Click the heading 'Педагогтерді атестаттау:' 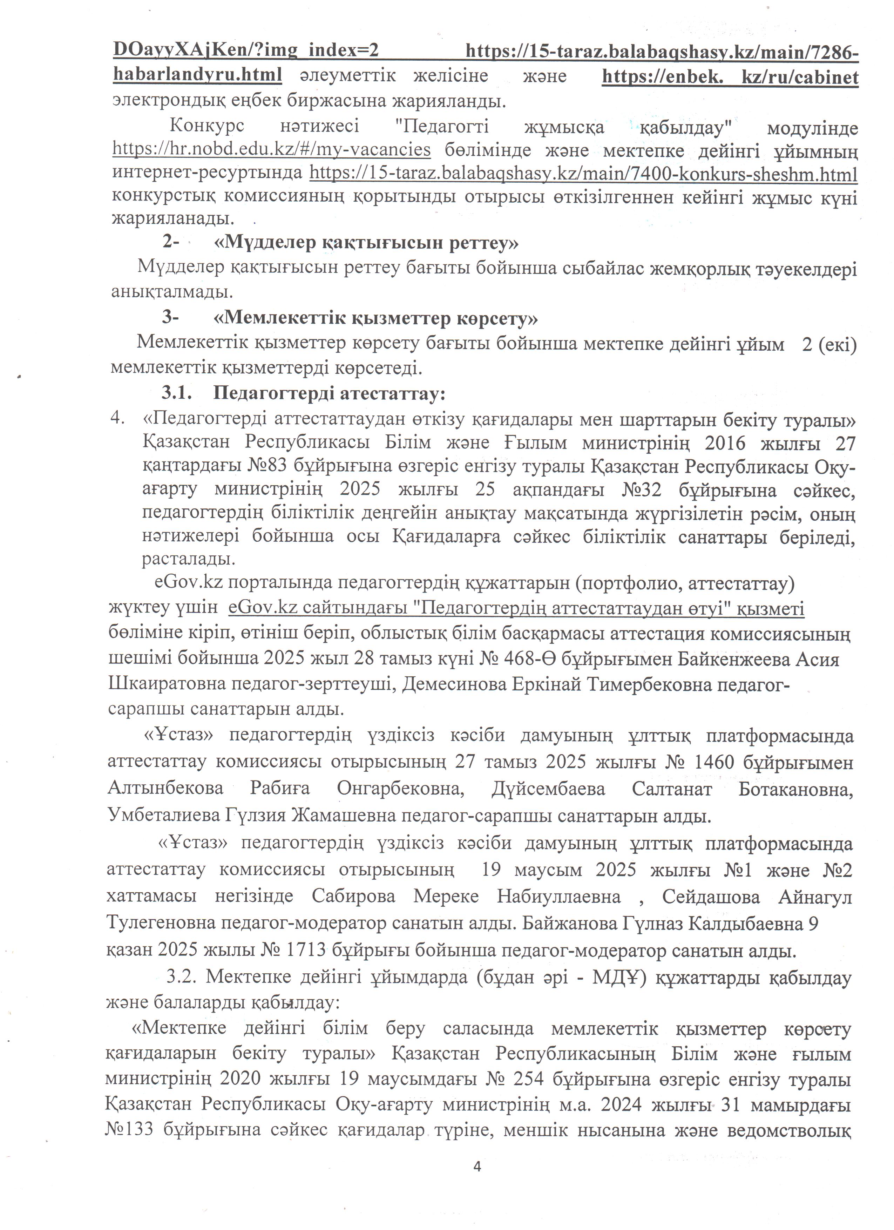coord(329,393)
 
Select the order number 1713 coord(301,949)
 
